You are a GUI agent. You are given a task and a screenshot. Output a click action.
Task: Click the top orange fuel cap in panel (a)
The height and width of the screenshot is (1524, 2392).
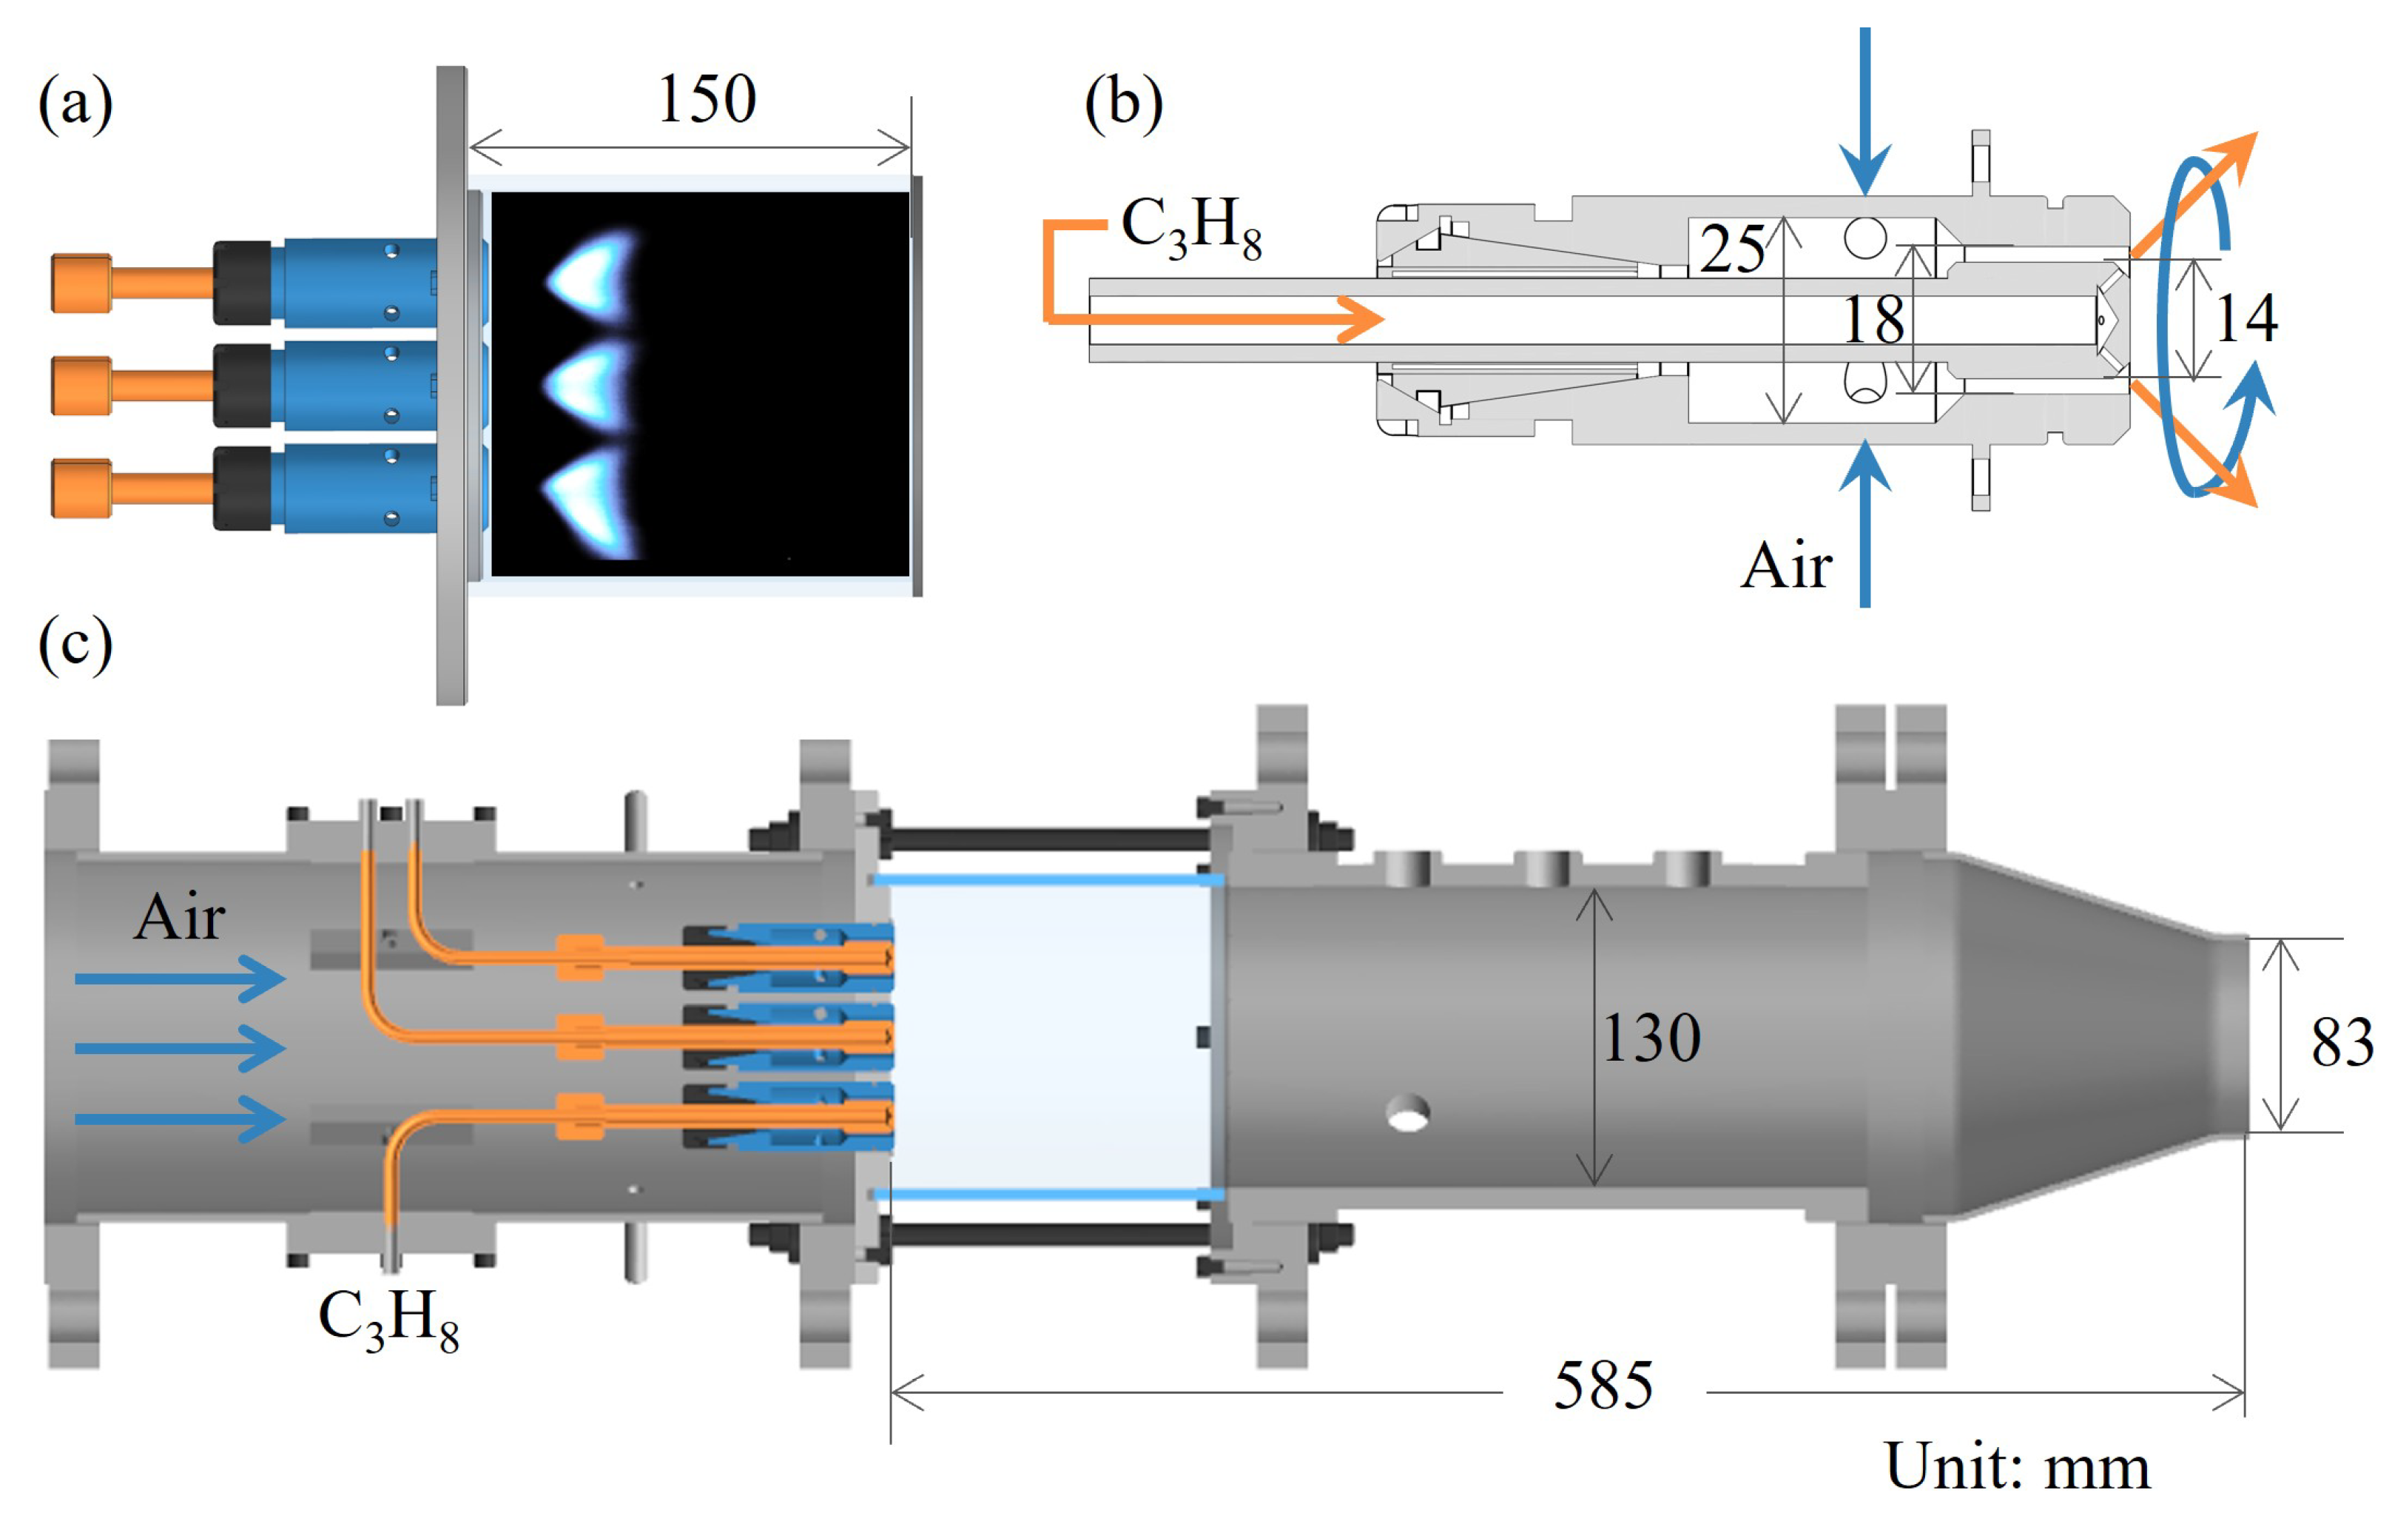(81, 283)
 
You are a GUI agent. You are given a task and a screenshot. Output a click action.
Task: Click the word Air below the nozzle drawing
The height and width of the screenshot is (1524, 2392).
(1785, 566)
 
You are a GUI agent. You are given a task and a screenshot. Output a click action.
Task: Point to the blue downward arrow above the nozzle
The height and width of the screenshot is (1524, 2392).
(1864, 110)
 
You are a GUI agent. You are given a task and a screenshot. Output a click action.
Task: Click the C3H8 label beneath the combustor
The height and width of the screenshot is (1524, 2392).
(388, 1318)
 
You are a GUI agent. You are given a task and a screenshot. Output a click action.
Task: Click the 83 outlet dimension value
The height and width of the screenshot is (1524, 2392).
(2340, 1043)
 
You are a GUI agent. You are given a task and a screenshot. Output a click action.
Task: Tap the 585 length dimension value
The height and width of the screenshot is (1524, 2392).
(1603, 1386)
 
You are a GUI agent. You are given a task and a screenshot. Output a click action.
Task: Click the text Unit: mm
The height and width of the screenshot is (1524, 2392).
(2016, 1466)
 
